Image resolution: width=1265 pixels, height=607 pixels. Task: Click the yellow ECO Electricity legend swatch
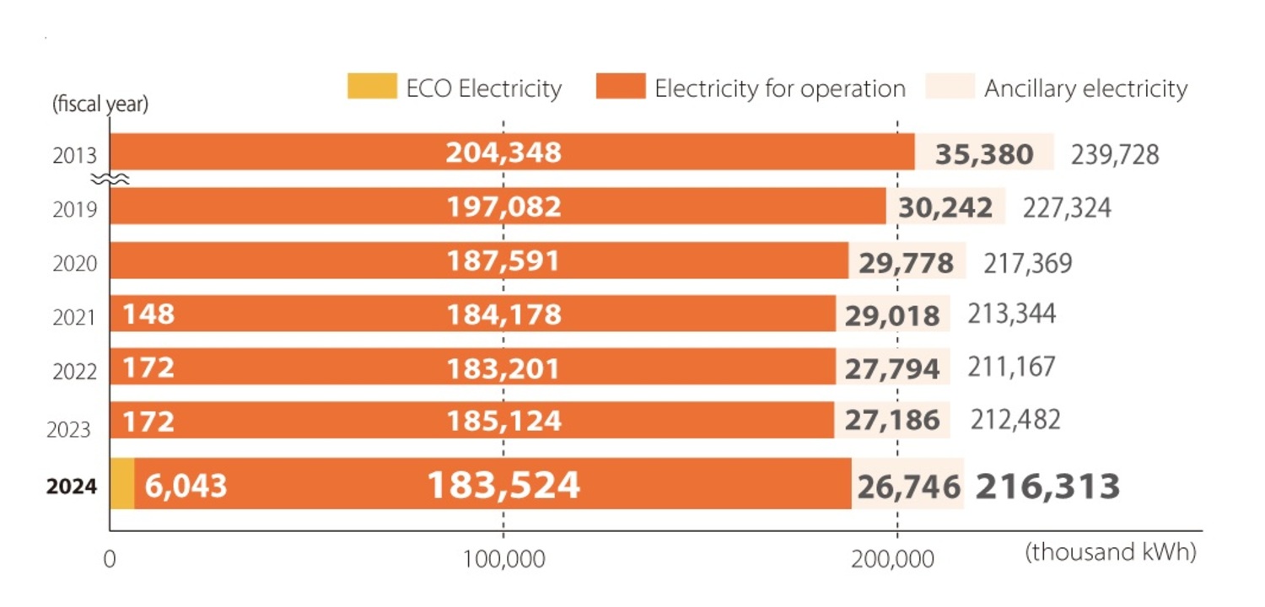371,87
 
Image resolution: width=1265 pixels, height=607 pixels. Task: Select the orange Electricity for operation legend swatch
620,87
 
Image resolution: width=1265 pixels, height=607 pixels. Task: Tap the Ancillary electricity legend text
1085,89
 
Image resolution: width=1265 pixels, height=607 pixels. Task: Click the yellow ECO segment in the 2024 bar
122,483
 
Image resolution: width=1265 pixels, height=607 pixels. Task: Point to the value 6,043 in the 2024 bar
186,486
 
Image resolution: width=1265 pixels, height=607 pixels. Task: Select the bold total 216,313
1048,486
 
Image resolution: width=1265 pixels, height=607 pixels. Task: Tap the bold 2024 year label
72,486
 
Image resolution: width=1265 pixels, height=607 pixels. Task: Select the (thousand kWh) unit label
1111,552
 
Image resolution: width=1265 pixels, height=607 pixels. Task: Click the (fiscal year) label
100,105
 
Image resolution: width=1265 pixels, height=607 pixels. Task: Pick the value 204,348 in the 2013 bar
503,153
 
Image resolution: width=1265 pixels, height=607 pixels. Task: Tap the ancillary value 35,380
985,154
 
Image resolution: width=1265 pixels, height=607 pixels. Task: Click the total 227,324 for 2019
1066,207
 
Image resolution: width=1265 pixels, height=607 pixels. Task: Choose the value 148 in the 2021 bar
148,314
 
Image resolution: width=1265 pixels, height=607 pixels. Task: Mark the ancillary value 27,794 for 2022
893,368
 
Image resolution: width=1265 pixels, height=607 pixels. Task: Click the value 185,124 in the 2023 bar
503,421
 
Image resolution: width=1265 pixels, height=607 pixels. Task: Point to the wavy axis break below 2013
109,179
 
